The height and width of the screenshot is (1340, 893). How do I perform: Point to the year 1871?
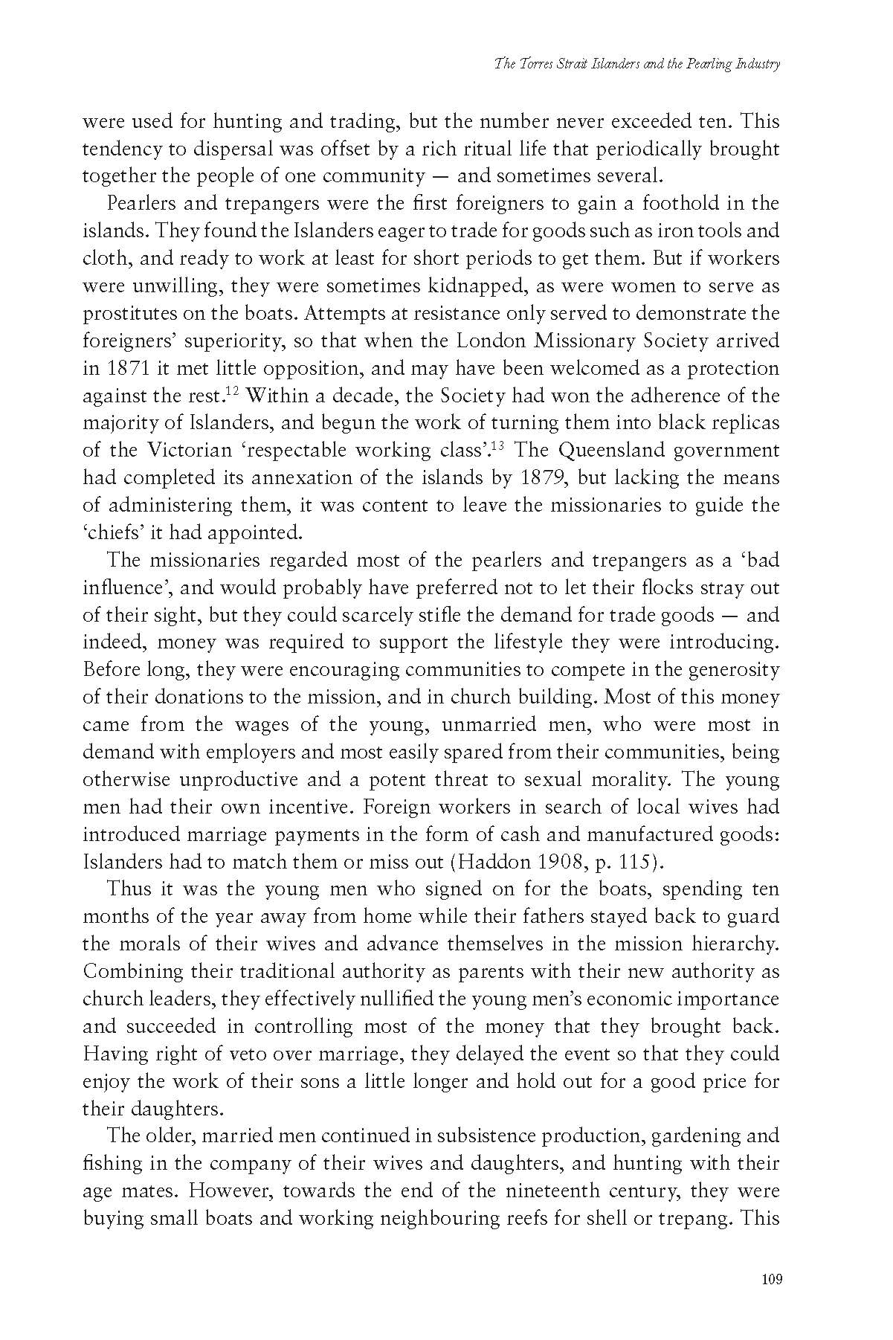122,369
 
